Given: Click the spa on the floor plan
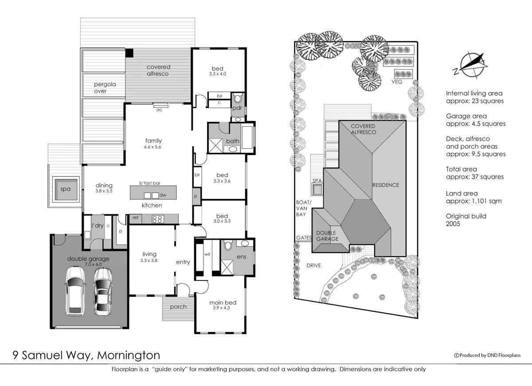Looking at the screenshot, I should tap(66, 189).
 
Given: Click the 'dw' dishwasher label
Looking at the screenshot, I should tap(163, 195).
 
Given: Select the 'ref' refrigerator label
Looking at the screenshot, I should tap(135, 218).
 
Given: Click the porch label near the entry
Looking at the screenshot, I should tap(178, 307).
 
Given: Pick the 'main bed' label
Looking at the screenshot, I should tap(223, 303).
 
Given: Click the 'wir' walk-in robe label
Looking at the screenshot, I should tap(207, 255).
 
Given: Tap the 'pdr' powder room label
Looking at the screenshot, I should tap(237, 108).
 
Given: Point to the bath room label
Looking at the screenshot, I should tap(233, 141).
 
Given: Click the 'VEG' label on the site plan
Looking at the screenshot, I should tap(397, 82).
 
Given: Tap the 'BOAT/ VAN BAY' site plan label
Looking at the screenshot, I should tap(304, 208).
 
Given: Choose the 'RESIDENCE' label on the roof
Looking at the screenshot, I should tap(385, 185).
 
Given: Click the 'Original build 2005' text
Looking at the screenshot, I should tap(466, 220).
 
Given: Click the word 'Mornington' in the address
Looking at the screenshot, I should tap(128, 355).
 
